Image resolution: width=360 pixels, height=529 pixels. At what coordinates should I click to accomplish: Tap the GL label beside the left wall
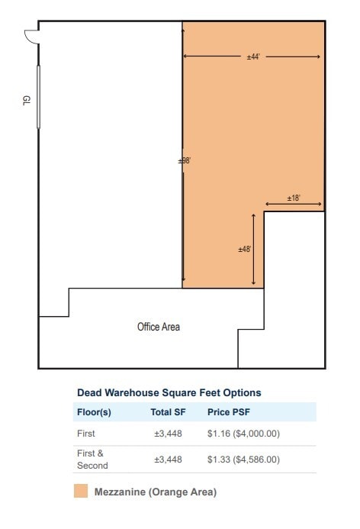point(26,101)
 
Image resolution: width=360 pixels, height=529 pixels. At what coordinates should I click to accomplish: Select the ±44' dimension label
point(253,57)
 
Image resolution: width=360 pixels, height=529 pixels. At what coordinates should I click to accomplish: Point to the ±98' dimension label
point(184,160)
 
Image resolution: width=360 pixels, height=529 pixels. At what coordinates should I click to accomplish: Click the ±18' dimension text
point(294,198)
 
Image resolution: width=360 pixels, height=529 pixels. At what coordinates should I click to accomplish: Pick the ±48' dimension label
point(245,249)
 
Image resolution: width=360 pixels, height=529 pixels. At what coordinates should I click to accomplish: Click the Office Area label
point(159,327)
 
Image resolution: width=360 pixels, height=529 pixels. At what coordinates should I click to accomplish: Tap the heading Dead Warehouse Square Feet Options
point(169,392)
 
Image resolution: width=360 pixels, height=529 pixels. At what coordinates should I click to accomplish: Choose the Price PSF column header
point(230,412)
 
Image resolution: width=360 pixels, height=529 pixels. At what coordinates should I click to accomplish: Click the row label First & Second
point(92,459)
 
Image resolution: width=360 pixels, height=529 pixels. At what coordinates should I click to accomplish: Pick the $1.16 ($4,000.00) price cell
point(243,433)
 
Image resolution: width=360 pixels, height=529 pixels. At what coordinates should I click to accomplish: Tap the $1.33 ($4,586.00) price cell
point(243,460)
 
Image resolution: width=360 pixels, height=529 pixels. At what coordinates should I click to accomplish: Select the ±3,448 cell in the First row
point(168,433)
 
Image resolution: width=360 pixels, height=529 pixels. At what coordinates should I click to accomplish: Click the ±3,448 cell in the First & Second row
point(168,460)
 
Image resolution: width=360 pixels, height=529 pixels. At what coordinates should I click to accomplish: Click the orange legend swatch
point(81,491)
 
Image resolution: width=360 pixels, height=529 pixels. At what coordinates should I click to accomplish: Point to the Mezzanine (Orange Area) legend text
point(155,492)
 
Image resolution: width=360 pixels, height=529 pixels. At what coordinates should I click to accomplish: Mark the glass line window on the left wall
point(38,97)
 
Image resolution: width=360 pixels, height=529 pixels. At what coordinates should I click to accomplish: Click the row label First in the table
point(86,433)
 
